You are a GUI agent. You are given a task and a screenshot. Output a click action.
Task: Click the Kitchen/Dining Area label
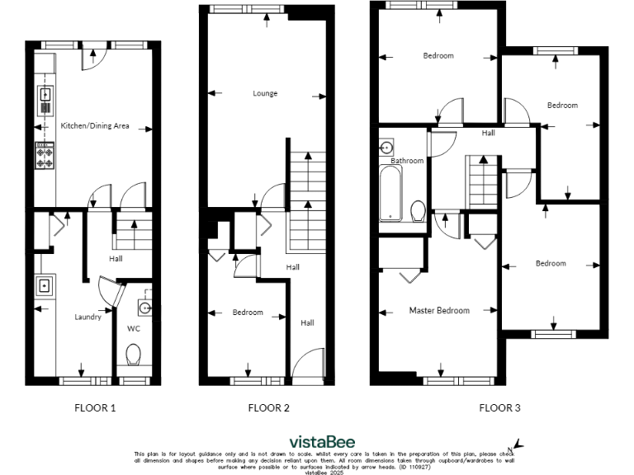(94, 126)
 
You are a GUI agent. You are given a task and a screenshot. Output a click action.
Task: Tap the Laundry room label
(88, 317)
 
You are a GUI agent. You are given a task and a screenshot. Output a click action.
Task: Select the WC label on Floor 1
(134, 328)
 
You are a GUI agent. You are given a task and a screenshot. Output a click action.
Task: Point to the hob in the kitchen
(45, 155)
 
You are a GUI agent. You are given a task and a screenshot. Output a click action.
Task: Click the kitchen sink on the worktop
(44, 96)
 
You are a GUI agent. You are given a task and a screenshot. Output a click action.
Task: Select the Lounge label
(264, 93)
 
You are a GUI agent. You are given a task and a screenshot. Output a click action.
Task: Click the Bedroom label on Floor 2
(248, 313)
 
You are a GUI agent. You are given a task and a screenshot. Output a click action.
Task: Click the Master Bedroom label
(439, 311)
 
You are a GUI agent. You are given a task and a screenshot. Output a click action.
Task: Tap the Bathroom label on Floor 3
(407, 161)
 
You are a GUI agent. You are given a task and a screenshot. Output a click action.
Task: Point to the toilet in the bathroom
(418, 211)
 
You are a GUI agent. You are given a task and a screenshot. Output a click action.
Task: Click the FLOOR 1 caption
(96, 407)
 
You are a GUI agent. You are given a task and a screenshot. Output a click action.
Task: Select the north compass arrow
(518, 444)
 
